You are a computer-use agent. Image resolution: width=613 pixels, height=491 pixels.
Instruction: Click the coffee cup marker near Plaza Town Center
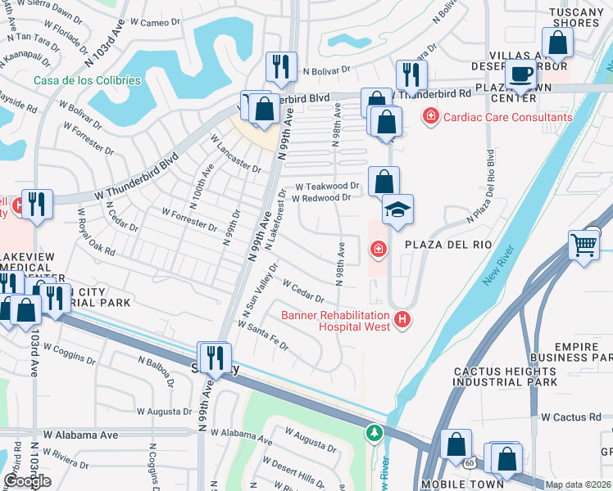pos(519,74)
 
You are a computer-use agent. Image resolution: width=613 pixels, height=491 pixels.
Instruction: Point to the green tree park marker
pos(375,431)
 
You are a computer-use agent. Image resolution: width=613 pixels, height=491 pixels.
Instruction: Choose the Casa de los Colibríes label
pos(87,80)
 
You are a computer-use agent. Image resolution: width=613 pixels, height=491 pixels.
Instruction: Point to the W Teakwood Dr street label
pos(327,187)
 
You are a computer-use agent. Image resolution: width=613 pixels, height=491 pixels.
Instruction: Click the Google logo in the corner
pos(27,481)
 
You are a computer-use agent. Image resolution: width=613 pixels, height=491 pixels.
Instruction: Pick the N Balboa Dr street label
pos(157,372)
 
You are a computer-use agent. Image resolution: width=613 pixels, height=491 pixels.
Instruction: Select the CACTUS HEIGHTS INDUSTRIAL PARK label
pos(506,376)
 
